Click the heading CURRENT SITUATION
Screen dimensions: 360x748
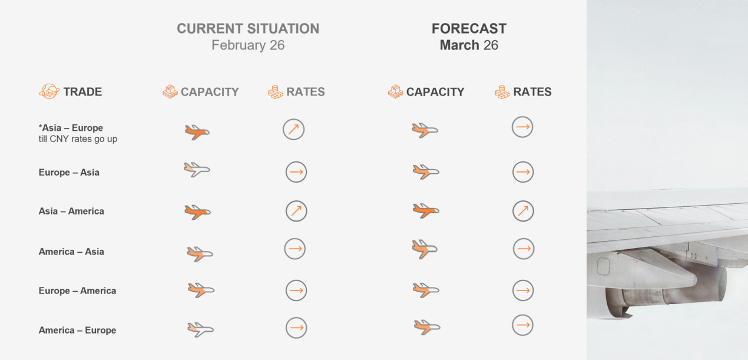click(248, 28)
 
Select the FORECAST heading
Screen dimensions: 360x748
click(469, 28)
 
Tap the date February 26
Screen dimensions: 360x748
click(248, 45)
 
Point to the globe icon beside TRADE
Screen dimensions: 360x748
click(49, 91)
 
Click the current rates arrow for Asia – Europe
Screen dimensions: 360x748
click(293, 129)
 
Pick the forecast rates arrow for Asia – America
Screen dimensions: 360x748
click(523, 211)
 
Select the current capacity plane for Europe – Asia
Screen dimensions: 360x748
click(197, 170)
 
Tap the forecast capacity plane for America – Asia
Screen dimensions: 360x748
click(425, 249)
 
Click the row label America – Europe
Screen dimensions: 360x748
click(77, 330)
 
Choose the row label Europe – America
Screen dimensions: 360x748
click(77, 290)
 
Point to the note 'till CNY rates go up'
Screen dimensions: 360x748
click(78, 139)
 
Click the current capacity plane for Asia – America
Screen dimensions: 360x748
click(197, 212)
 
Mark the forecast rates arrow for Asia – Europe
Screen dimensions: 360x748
click(522, 127)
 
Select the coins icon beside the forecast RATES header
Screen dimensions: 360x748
click(502, 92)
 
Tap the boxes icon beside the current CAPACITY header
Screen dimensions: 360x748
click(170, 92)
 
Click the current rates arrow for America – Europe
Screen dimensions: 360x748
click(296, 328)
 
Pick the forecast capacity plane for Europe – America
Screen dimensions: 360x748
click(426, 289)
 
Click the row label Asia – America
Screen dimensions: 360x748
click(71, 211)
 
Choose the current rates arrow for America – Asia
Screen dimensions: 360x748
click(295, 249)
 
